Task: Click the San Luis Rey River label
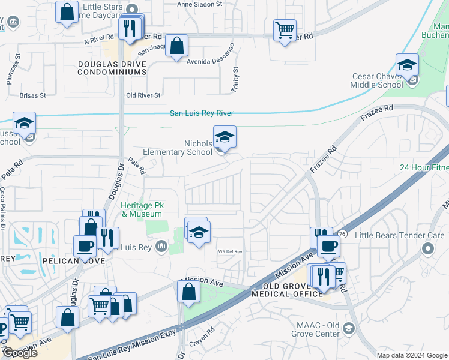201,113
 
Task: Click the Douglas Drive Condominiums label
112,68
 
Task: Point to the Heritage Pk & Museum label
142,209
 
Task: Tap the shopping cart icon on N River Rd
285,30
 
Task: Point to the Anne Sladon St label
200,4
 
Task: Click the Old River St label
143,95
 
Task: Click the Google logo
20,353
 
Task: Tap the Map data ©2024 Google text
412,355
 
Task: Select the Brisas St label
32,95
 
